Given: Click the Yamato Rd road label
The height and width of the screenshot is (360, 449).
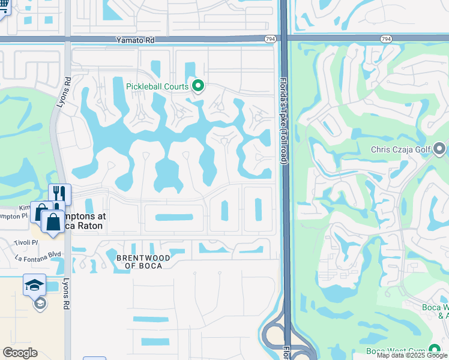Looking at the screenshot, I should pyautogui.click(x=135, y=40).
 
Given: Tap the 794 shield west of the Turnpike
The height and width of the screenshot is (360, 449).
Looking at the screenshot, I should pyautogui.click(x=270, y=39).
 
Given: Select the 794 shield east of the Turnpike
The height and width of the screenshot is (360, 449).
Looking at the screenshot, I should pyautogui.click(x=386, y=39).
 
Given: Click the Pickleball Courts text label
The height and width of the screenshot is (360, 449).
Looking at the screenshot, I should pyautogui.click(x=157, y=86).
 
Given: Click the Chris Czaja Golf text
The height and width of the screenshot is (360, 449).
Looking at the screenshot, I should pyautogui.click(x=400, y=149).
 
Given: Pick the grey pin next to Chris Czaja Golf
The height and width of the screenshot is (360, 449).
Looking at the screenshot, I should pyautogui.click(x=439, y=148).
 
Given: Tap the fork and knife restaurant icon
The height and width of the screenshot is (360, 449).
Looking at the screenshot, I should pyautogui.click(x=59, y=193).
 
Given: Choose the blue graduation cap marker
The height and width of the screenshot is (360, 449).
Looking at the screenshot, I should pyautogui.click(x=34, y=284).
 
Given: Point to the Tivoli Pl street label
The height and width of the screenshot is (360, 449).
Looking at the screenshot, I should pyautogui.click(x=26, y=242).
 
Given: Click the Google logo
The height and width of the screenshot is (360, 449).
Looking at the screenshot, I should pyautogui.click(x=20, y=353).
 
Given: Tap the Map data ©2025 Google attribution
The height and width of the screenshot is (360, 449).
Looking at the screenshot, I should pyautogui.click(x=412, y=355).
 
